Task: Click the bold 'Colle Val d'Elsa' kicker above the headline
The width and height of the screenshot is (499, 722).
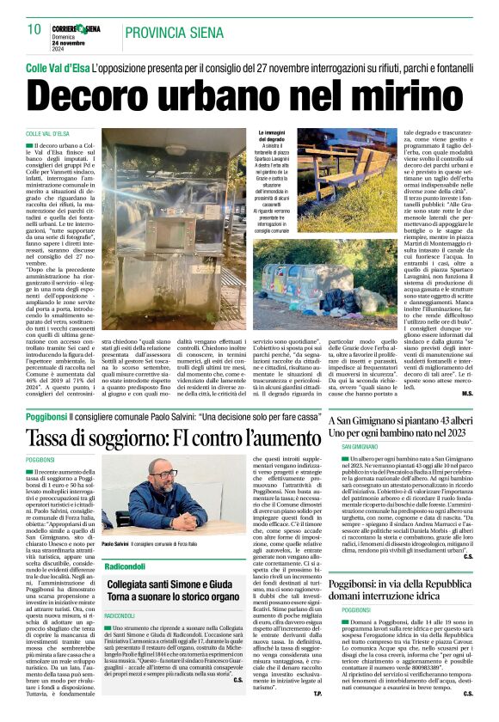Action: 58,66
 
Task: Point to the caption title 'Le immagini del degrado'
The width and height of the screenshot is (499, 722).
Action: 275,138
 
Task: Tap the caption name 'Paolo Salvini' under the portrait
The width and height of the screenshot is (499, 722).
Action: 115,545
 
